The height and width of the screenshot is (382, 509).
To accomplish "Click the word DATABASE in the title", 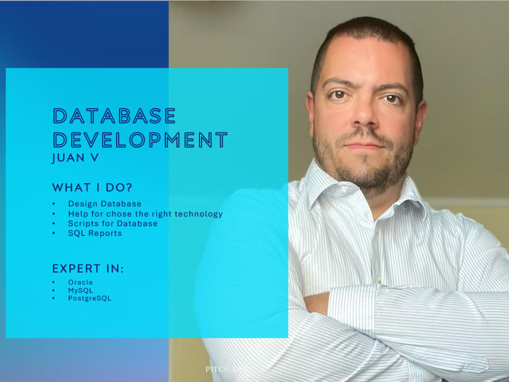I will click(115, 117).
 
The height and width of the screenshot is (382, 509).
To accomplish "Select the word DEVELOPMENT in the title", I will click(140, 140).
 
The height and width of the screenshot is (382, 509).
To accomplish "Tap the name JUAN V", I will click(75, 158).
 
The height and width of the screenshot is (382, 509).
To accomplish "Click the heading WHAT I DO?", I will click(92, 187).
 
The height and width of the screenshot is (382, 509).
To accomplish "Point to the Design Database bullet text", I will click(105, 204).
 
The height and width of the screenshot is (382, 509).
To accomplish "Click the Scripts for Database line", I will click(112, 224).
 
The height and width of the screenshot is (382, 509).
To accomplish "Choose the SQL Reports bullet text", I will click(95, 233).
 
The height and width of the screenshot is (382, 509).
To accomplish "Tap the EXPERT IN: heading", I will click(88, 269).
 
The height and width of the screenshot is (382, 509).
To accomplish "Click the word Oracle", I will click(80, 282).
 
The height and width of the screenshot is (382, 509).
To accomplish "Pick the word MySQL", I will click(80, 290).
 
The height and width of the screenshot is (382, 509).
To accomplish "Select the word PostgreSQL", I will click(90, 298).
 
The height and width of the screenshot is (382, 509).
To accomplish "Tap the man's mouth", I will click(364, 145).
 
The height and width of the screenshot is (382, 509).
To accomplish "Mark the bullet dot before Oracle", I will click(54, 282).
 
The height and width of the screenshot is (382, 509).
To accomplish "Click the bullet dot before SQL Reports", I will click(54, 233).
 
